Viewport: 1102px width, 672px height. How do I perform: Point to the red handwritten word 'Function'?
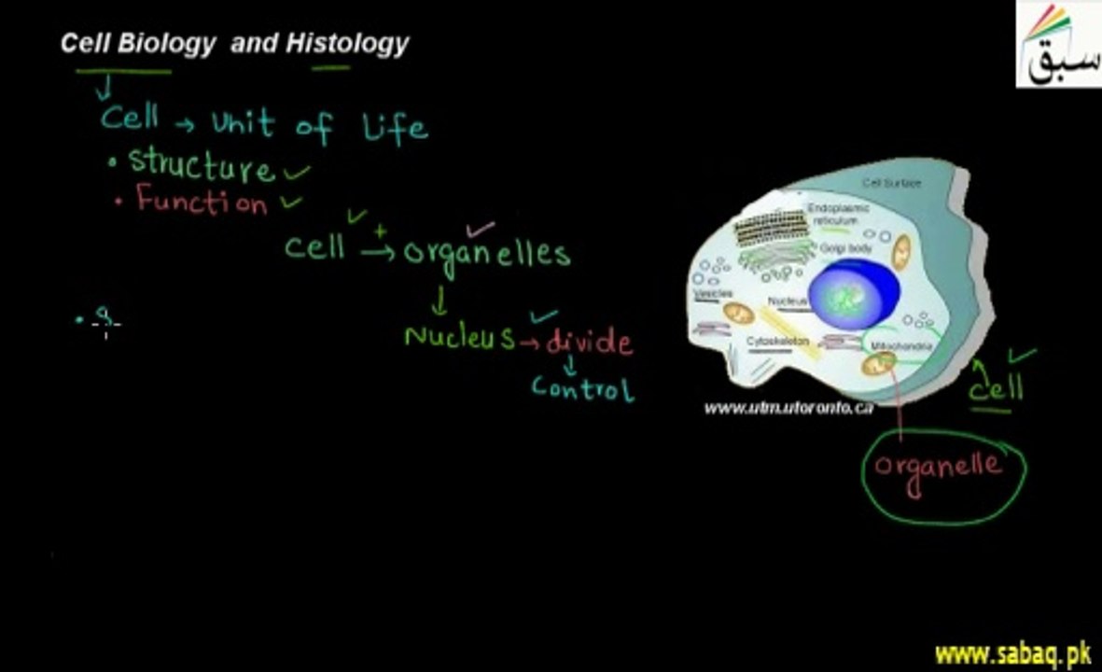point(202,201)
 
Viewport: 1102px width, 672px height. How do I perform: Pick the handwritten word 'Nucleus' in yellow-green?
point(459,337)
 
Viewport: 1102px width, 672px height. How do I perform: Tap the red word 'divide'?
point(589,342)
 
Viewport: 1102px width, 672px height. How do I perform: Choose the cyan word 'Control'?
point(582,387)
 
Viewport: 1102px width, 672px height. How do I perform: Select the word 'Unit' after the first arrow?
point(243,123)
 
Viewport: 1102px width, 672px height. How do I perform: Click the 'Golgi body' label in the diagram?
point(846,249)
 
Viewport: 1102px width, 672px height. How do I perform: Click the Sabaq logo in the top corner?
point(1058,45)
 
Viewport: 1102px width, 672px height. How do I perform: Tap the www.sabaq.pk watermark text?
point(1013,654)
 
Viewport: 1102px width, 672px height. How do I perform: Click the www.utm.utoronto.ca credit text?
point(788,408)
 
